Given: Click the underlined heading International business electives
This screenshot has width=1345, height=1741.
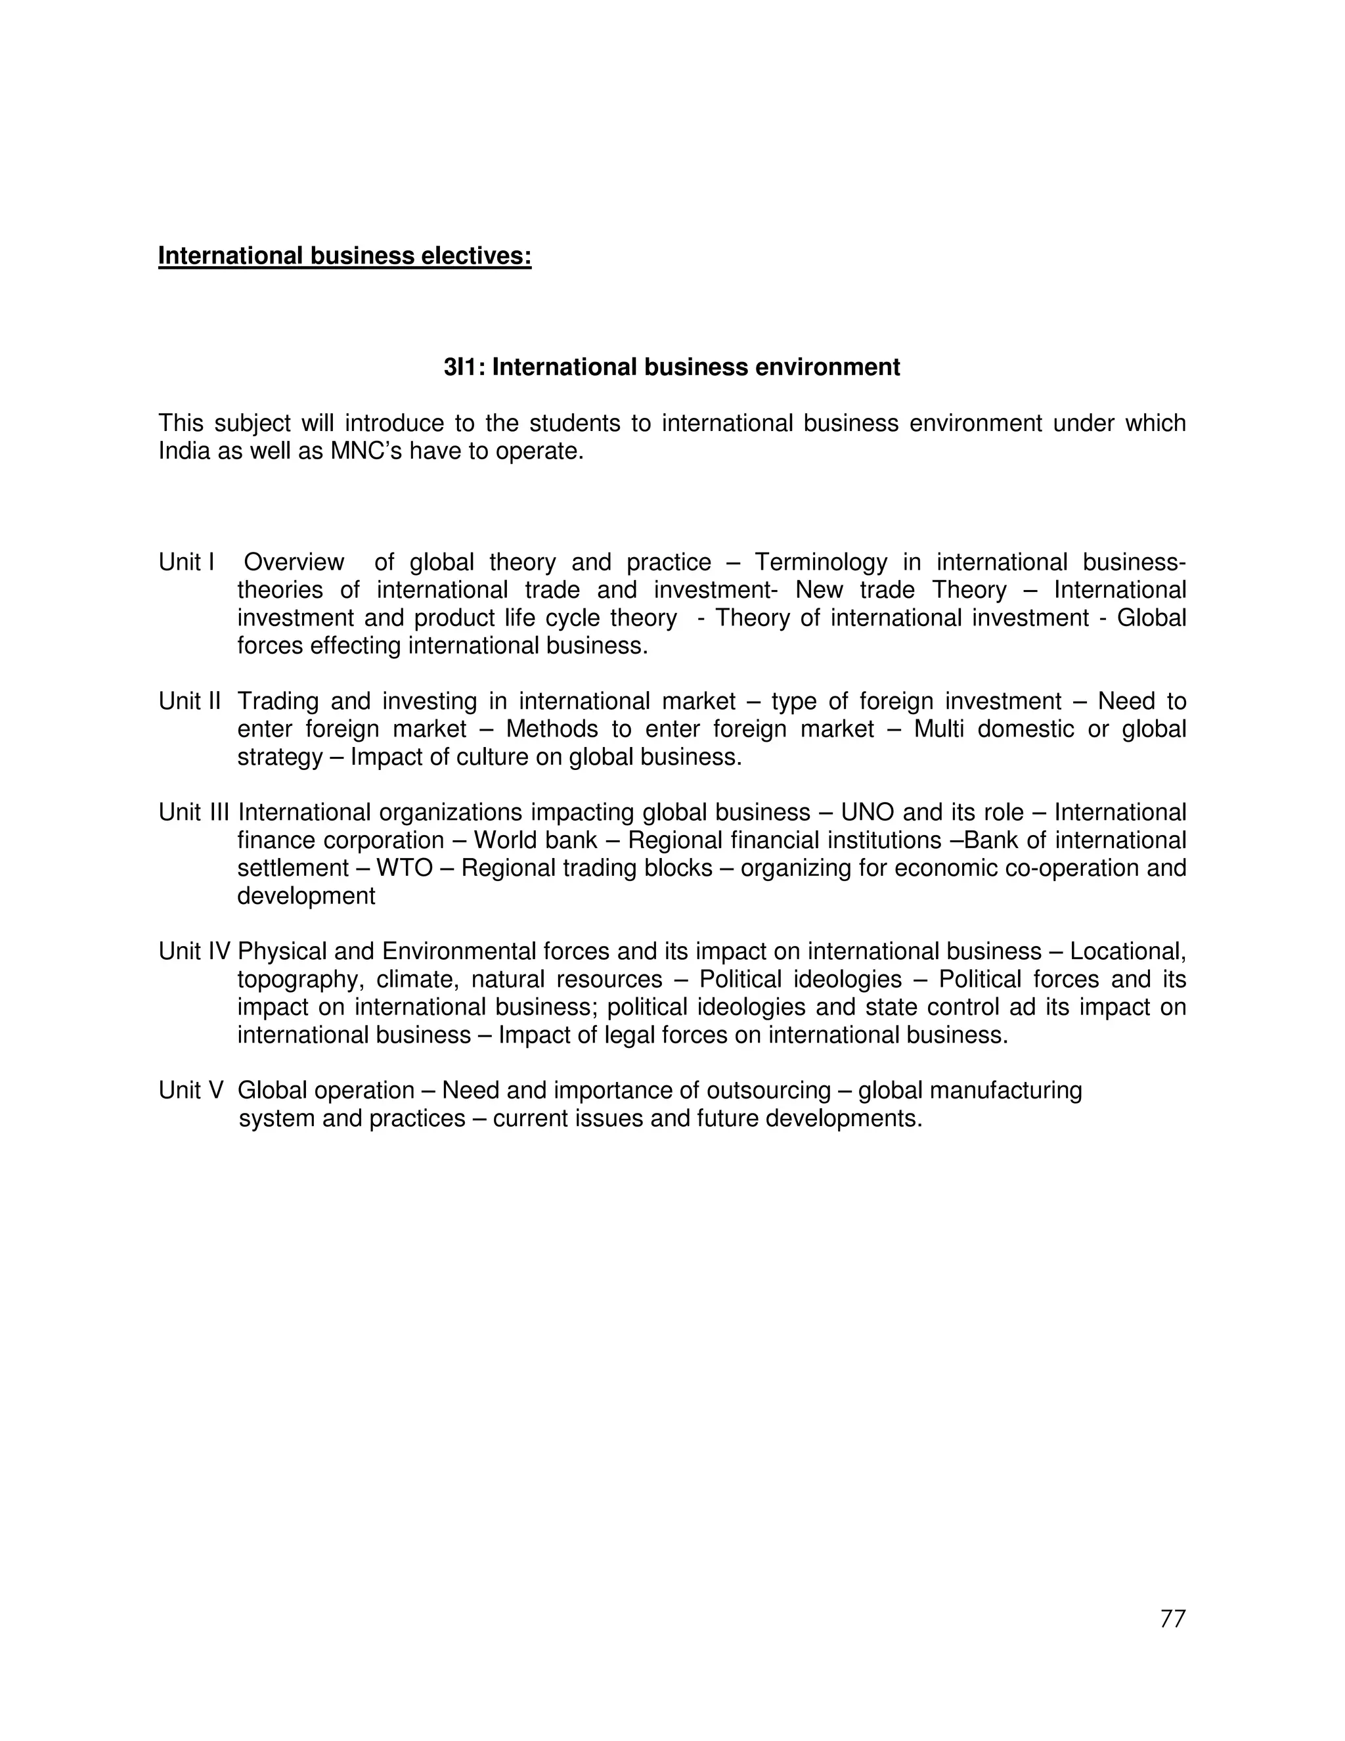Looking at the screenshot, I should (344, 256).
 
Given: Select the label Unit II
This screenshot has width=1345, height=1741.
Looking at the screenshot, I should (190, 702).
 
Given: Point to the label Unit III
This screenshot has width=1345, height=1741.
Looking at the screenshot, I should (194, 812).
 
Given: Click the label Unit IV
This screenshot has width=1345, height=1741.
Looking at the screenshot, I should (194, 951).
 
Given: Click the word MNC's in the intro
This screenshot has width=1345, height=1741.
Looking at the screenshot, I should (366, 451).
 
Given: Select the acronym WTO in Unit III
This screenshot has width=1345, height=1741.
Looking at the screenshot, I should (404, 868).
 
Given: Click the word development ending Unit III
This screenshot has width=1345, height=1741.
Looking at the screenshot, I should (306, 896).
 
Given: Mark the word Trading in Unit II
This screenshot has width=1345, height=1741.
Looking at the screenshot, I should (278, 702).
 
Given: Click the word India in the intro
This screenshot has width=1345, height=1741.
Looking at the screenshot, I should (183, 451).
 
